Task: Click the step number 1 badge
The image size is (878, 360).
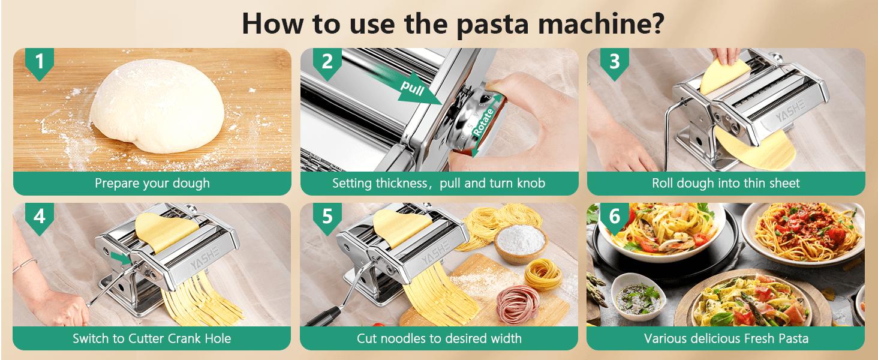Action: [x=40, y=62]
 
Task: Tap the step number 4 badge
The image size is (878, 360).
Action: [x=40, y=217]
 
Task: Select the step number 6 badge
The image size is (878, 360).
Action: [x=614, y=217]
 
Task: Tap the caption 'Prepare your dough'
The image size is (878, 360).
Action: [x=152, y=183]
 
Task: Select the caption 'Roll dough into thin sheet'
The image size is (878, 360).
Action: [x=726, y=183]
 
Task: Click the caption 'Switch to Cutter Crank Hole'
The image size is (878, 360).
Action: [x=152, y=338]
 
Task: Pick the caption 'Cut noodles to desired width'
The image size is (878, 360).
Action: [x=439, y=338]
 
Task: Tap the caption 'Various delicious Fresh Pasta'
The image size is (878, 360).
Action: [x=726, y=338]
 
